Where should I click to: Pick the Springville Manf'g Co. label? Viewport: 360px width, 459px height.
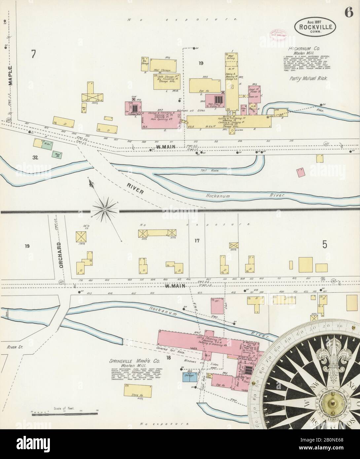(128, 361)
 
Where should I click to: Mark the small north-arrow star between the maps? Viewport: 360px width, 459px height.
(104, 209)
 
